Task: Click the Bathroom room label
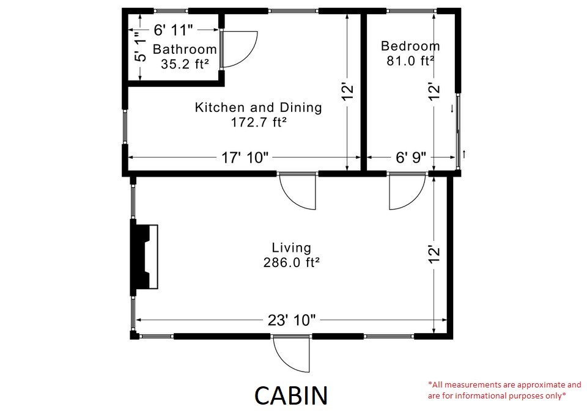[185, 49]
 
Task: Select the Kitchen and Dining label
[258, 108]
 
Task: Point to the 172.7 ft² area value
[259, 122]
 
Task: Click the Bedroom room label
[410, 46]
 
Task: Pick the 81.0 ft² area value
[410, 61]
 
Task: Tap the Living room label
[291, 248]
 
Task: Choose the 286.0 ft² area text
[291, 262]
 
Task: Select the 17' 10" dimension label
[245, 157]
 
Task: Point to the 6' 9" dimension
[410, 157]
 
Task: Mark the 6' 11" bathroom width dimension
[173, 29]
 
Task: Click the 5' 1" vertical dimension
[141, 48]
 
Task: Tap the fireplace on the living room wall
[144, 256]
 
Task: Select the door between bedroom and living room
[407, 191]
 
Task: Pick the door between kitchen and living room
[298, 191]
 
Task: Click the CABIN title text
[291, 395]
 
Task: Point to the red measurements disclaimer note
[504, 390]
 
